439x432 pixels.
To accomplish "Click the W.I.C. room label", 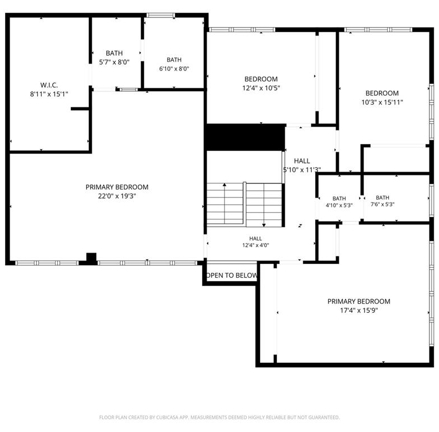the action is coord(49,85).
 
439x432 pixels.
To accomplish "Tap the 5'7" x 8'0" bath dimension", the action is coord(114,62).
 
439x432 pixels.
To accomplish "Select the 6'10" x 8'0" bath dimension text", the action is coord(174,69).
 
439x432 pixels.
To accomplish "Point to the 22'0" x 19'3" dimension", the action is coord(117,196).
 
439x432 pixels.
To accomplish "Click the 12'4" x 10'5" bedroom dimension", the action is coord(261,88).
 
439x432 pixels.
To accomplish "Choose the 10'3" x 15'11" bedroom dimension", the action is coord(382,102).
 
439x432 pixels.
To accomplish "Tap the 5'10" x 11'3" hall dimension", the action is coord(302,169).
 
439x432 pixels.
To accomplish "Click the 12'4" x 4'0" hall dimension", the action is coord(256,245).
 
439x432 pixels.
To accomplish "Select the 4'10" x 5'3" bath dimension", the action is coord(339,205).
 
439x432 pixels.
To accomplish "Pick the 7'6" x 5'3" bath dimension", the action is coord(383,204).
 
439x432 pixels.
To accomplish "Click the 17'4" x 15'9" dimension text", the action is coord(359,310).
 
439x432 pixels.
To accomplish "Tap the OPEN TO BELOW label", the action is coord(231,275).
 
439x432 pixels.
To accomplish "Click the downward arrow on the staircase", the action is coord(264,205).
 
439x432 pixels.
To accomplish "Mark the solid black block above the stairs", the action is coord(245,137).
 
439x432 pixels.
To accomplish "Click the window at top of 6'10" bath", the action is coord(161,15).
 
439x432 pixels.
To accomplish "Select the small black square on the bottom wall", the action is coord(91,258).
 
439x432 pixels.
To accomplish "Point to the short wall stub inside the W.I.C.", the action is coord(80,109).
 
